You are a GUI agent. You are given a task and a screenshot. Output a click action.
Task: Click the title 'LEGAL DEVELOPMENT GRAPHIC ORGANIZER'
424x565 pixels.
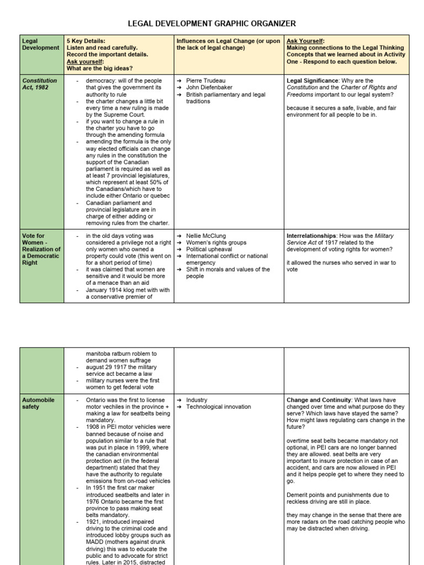pyautogui.click(x=212, y=23)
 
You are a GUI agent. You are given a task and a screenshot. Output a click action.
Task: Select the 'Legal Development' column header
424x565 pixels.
pyautogui.click(x=40, y=44)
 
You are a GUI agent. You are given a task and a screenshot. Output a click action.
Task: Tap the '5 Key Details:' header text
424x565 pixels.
pyautogui.click(x=86, y=41)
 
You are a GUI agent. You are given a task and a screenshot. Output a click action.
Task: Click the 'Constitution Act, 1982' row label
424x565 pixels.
pyautogui.click(x=39, y=84)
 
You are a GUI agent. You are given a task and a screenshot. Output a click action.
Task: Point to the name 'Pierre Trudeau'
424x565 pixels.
pyautogui.click(x=205, y=81)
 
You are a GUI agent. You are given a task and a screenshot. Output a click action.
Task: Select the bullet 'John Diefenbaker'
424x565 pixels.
pyautogui.click(x=209, y=88)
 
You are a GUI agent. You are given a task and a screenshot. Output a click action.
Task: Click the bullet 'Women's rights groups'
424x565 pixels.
pyautogui.click(x=217, y=242)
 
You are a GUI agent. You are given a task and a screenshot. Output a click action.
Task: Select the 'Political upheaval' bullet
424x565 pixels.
pyautogui.click(x=209, y=249)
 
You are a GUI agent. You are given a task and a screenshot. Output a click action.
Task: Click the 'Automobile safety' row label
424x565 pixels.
pyautogui.click(x=38, y=403)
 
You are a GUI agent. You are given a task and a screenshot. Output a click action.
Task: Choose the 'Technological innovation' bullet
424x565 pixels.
pyautogui.click(x=218, y=407)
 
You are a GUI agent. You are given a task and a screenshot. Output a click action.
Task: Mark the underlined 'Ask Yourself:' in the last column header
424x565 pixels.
pyautogui.click(x=306, y=41)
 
